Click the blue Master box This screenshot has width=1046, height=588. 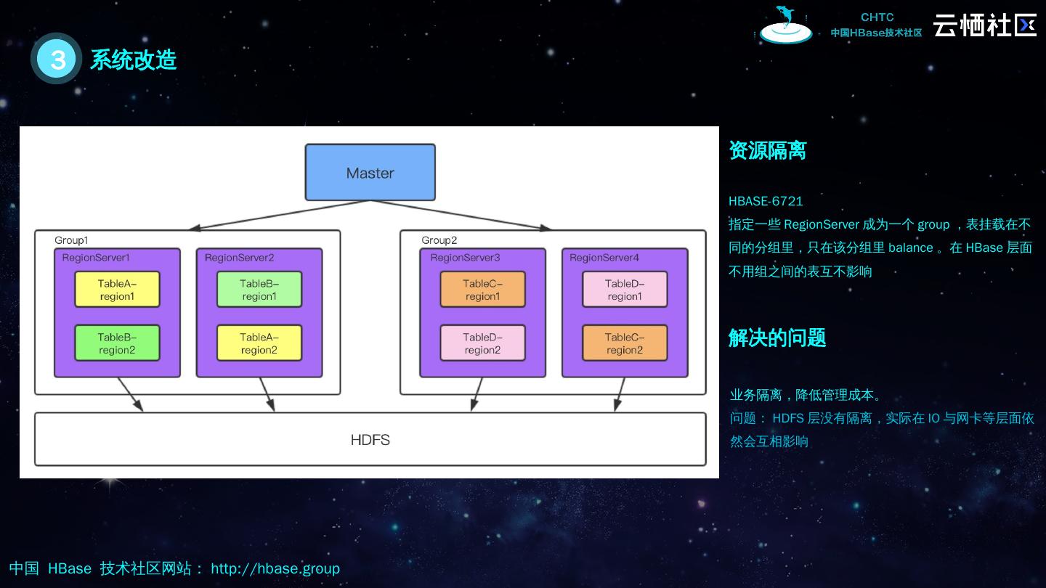370,173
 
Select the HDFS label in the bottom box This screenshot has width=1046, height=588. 370,440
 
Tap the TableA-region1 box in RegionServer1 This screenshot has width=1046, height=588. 117,290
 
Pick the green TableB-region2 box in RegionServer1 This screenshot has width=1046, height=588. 117,343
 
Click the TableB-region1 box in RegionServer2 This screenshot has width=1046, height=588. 259,290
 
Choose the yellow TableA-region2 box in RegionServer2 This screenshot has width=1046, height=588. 259,343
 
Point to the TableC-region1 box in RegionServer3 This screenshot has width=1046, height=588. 482,290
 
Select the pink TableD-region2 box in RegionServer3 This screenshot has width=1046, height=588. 482,343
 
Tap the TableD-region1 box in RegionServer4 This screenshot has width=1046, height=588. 625,290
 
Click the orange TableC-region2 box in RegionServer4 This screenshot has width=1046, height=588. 625,343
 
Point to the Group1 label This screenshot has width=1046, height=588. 71,240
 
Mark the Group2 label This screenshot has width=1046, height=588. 439,240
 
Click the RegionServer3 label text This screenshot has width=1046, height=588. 465,258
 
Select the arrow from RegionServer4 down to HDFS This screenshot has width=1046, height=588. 620,394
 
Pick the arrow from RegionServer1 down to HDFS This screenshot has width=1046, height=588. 130,394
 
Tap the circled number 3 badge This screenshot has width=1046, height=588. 57,59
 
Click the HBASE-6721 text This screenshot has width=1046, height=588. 766,201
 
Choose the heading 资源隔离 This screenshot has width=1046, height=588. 767,151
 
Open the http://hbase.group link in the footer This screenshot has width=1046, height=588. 275,568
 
